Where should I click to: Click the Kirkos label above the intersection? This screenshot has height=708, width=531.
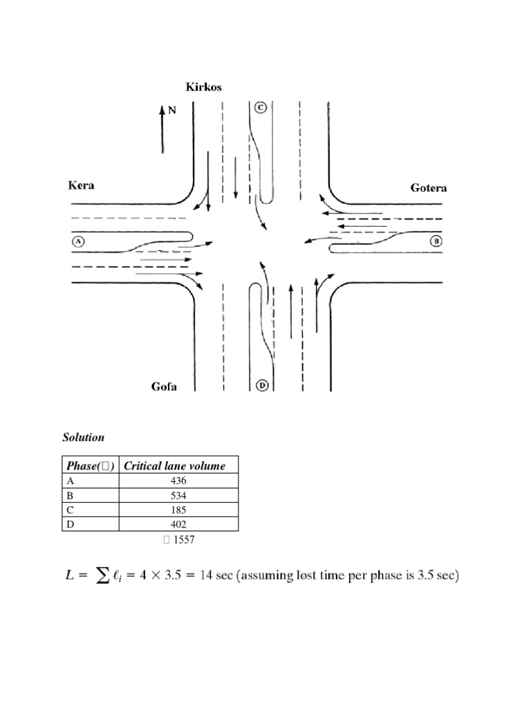(203, 86)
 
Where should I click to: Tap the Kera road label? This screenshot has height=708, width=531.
(81, 185)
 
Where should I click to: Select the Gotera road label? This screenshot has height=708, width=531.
(429, 187)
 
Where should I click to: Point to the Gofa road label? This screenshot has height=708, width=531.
(164, 386)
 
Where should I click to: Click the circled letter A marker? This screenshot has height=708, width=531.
(77, 241)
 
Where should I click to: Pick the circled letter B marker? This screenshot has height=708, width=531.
(436, 241)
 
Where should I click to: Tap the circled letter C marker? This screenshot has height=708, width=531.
(260, 107)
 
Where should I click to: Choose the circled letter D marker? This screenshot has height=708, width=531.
(261, 386)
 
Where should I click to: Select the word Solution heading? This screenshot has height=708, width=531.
(83, 438)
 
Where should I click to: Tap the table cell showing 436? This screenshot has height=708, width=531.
(178, 481)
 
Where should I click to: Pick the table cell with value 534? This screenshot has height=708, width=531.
(178, 496)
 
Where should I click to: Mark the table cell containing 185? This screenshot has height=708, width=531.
(178, 510)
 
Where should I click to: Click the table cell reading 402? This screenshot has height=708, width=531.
(178, 525)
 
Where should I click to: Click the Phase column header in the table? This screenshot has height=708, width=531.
(90, 466)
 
